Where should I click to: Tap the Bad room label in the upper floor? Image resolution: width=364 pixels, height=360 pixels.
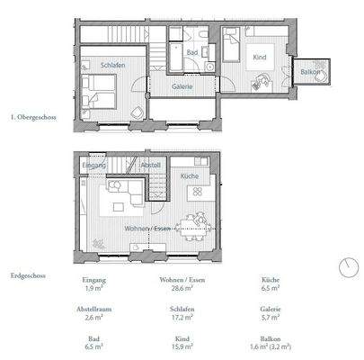191,53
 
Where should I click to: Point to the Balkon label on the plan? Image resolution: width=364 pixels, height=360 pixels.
312,71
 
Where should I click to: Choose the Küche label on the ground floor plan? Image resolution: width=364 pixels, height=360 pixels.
189,176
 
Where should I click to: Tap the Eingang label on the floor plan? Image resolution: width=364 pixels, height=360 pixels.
93,166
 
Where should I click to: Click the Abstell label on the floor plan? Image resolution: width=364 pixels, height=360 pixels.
151,166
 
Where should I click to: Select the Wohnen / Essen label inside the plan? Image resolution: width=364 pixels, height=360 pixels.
149,229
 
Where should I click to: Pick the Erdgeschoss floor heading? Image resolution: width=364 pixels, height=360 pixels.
29,276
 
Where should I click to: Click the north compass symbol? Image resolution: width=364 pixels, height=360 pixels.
346,266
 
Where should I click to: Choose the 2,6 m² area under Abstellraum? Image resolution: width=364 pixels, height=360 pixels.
93,318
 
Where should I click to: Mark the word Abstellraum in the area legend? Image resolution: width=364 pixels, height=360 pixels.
93,308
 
